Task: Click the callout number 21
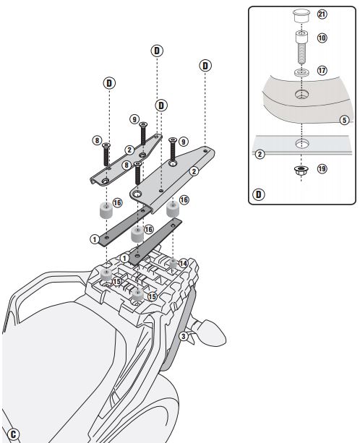coord(322,14)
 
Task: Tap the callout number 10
coord(322,38)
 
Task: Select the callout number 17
coord(322,70)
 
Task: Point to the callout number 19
coord(322,169)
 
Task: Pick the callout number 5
coord(344,120)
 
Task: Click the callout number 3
coord(184,336)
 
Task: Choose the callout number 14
coord(183,263)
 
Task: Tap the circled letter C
coord(13,434)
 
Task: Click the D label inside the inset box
coord(259,194)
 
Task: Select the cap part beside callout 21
coord(301,16)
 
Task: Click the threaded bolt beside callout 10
coord(301,48)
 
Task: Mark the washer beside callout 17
coord(301,72)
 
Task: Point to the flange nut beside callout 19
coord(301,170)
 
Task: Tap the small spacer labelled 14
coord(173,264)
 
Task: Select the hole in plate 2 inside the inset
coord(301,144)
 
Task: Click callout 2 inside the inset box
coord(260,154)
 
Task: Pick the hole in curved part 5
coord(301,94)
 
